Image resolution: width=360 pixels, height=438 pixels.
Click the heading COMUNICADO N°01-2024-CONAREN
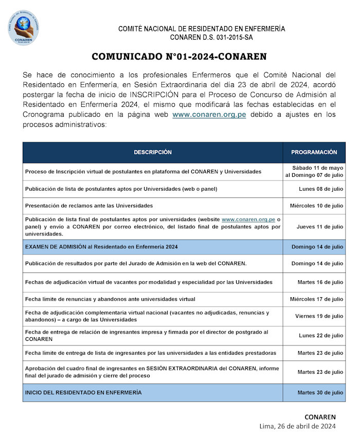pos(179,57)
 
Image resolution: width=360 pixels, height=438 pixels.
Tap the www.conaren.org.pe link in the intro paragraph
pos(209,115)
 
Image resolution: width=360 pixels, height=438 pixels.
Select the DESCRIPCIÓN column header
pos(153,152)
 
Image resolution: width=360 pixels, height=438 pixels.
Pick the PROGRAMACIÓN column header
pos(314,152)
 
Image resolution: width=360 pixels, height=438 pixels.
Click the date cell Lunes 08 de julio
pos(321,189)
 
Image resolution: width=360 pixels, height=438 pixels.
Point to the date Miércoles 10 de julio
pos(316,206)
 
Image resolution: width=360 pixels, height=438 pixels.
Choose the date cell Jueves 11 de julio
pos(319,227)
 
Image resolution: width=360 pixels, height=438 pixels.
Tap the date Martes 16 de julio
pos(320,282)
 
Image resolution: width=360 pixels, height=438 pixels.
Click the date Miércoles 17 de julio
pos(316,299)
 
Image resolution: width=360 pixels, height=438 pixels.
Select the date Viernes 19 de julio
pos(319,316)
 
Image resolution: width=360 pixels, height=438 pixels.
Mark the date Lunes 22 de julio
pos(321,336)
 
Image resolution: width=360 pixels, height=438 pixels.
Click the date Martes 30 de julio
pos(320,393)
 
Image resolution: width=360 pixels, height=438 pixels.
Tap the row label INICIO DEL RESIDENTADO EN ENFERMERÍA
pos(83,393)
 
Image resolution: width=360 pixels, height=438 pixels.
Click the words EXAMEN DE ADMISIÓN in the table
pos(55,247)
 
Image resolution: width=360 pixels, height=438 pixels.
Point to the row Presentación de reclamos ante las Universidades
pos(89,206)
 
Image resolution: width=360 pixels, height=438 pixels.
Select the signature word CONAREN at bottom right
pos(320,416)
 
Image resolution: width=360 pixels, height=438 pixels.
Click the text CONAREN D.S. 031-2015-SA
pos(211,37)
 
